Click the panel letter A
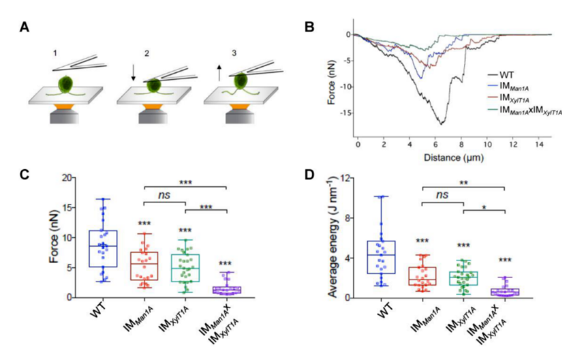click(25, 28)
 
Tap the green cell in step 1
click(65, 85)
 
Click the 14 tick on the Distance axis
click(538, 145)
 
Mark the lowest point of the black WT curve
click(442, 123)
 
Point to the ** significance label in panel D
click(463, 183)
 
